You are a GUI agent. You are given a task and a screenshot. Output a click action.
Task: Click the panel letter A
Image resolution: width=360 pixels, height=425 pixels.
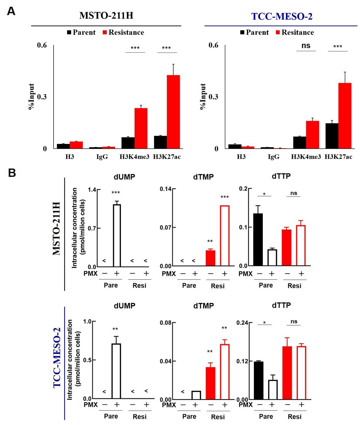pyautogui.click(x=11, y=11)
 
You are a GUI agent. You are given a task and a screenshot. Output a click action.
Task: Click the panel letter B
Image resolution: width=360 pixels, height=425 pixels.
pyautogui.click(x=12, y=173)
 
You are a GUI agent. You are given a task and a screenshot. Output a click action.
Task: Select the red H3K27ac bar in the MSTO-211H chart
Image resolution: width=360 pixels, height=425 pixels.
pyautogui.click(x=173, y=112)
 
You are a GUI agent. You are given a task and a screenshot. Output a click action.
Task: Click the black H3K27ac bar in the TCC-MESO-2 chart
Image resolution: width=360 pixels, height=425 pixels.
pyautogui.click(x=332, y=136)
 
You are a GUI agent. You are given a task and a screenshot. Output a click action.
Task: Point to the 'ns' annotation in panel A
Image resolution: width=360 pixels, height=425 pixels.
pyautogui.click(x=306, y=46)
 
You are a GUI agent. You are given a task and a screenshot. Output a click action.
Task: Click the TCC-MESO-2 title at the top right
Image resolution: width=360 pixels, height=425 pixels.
pyautogui.click(x=282, y=16)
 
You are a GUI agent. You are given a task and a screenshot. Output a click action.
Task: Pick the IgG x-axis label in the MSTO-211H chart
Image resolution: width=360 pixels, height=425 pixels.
pyautogui.click(x=102, y=157)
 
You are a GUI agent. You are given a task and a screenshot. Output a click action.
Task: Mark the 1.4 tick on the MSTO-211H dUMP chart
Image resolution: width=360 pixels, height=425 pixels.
pyautogui.click(x=92, y=189)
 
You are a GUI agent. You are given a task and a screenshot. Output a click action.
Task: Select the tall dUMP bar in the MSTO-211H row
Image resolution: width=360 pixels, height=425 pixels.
pyautogui.click(x=117, y=236)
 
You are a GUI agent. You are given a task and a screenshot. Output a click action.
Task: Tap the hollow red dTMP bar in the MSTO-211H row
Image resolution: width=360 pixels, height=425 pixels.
pyautogui.click(x=225, y=236)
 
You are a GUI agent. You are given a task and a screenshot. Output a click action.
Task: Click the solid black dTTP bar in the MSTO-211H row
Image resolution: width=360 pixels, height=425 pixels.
pyautogui.click(x=258, y=240)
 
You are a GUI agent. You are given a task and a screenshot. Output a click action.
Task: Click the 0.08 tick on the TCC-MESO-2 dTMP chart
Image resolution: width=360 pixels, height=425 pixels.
pyautogui.click(x=166, y=323)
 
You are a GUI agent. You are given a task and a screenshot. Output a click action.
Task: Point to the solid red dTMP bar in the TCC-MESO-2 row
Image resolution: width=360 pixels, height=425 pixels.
pyautogui.click(x=210, y=383)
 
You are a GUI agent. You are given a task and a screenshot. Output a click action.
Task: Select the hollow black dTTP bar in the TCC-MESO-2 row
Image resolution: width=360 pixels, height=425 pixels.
pyautogui.click(x=273, y=390)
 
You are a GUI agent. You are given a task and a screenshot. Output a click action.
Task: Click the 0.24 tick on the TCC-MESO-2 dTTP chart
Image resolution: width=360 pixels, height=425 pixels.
pyautogui.click(x=242, y=323)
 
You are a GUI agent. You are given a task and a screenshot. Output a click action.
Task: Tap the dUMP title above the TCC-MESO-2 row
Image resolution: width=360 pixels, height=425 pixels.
pyautogui.click(x=124, y=306)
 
